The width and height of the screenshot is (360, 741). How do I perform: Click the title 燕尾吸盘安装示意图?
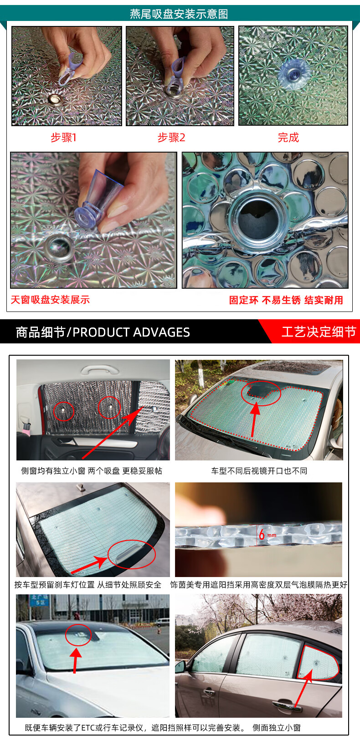179,14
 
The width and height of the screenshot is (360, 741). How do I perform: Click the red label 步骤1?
63,137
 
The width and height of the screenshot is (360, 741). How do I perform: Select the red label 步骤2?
171,137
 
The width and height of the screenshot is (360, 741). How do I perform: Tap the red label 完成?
288,137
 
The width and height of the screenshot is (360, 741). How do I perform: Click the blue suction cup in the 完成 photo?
293,74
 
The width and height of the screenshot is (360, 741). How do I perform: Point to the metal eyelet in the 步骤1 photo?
54,98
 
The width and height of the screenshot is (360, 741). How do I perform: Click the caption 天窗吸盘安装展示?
50,300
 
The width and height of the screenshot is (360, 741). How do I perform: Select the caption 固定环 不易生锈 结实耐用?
286,300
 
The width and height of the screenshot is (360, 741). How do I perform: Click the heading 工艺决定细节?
319,332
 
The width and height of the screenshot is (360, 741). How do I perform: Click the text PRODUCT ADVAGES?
131,332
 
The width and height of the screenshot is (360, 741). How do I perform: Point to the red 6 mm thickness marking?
267,534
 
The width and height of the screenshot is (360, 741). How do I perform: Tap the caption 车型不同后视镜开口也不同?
259,471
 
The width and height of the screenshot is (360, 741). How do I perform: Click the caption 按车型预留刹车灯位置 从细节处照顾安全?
87,584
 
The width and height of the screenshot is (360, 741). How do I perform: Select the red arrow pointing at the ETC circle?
76,660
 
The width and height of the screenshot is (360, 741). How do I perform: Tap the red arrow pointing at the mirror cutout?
254,419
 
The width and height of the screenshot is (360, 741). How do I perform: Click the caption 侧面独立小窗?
277,727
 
